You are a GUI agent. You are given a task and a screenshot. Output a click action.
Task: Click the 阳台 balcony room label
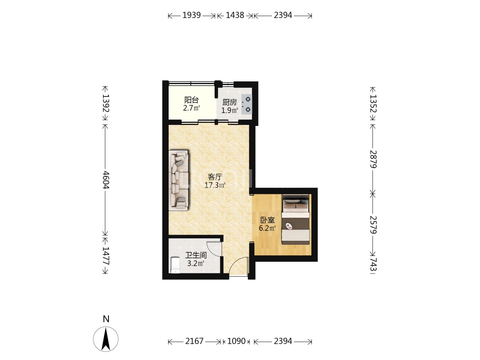click(191, 100)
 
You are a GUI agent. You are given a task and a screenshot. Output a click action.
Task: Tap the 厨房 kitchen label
click(229, 102)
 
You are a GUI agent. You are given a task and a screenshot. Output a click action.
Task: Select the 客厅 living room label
click(215, 177)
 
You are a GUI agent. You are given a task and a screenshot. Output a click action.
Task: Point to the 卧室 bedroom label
click(267, 220)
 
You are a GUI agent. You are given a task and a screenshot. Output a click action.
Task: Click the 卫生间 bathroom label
click(196, 255)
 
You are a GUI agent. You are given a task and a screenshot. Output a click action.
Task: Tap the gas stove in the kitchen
click(247, 104)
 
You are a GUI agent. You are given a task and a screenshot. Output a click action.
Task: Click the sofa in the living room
click(179, 180)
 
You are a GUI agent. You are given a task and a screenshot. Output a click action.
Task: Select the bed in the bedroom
click(295, 219)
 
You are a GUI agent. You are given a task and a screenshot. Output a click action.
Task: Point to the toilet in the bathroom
click(175, 265)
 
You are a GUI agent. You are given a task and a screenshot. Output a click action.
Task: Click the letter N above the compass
click(106, 319)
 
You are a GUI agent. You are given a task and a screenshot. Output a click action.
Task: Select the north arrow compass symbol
click(106, 339)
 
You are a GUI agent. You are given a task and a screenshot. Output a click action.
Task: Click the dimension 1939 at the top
click(192, 15)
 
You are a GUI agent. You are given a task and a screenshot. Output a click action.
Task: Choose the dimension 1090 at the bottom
click(236, 341)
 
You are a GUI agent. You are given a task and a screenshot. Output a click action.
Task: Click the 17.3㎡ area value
click(215, 185)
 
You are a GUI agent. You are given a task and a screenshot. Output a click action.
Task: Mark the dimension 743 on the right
click(373, 265)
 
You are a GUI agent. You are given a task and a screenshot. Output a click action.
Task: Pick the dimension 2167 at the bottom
click(194, 341)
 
